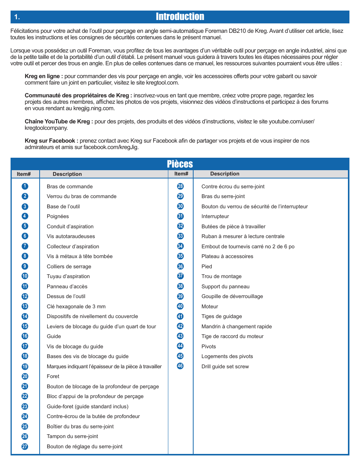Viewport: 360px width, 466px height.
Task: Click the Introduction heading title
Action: tap(180, 17)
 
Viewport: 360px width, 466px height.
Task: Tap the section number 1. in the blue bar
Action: tap(17, 17)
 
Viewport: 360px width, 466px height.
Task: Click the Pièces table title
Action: tap(180, 164)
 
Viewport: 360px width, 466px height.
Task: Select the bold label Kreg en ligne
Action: tap(43, 76)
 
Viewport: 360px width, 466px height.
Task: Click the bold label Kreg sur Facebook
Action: tap(51, 141)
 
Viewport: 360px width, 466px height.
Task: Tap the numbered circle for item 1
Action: tap(25, 186)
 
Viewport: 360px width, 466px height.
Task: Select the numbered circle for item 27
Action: tap(25, 446)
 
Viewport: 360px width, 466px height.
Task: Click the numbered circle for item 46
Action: tap(180, 366)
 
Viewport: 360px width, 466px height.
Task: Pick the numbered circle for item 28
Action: tap(180, 186)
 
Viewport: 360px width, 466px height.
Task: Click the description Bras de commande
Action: tap(70, 186)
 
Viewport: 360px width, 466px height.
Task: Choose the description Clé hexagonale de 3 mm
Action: tap(76, 306)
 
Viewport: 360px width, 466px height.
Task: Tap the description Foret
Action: tap(53, 376)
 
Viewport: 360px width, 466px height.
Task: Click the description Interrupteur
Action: tap(215, 216)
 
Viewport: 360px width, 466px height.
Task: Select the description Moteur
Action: tap(210, 306)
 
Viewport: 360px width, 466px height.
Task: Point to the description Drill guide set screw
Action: tap(225, 366)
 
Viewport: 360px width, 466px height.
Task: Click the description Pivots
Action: tap(209, 346)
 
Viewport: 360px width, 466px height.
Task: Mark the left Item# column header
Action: tap(24, 174)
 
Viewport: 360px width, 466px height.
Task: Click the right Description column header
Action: tap(225, 174)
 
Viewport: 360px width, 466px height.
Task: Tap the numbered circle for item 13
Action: tap(25, 306)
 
